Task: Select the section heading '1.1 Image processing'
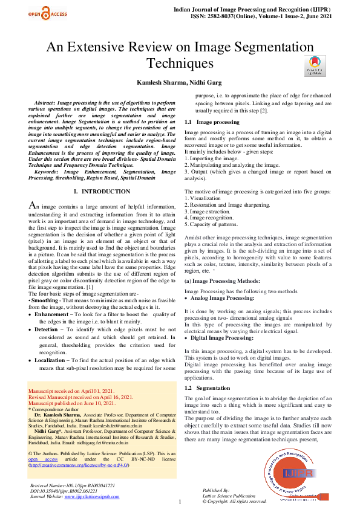(x=212, y=122)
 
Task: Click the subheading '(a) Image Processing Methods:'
(x=223, y=282)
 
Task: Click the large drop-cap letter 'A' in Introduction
(x=34, y=206)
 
